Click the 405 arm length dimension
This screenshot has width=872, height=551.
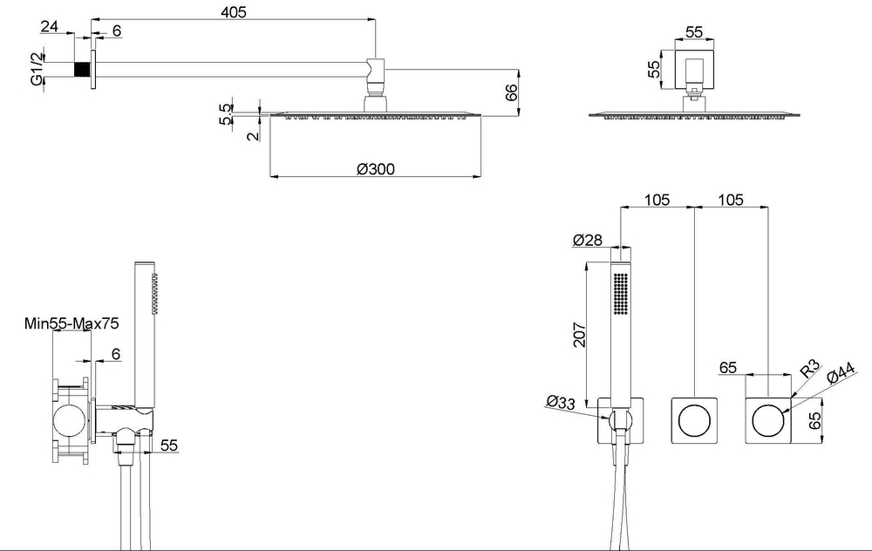tap(234, 11)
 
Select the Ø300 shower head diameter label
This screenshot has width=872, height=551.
tap(375, 168)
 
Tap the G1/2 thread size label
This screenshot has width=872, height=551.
tap(37, 69)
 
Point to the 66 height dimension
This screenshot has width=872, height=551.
tap(511, 92)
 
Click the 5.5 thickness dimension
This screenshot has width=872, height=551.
tap(226, 114)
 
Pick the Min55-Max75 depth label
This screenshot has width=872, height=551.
tap(72, 323)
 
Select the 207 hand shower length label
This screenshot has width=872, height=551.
tap(580, 335)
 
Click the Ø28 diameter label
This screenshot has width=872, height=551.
tap(587, 240)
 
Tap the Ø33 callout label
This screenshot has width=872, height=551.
tap(561, 401)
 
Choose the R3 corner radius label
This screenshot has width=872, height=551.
tap(810, 368)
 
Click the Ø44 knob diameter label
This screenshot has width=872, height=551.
tap(841, 373)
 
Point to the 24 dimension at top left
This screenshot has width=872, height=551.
tap(50, 26)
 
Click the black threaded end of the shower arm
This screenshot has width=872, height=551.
tap(82, 69)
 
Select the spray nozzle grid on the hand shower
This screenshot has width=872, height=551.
tap(621, 294)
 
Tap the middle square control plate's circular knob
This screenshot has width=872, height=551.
tap(694, 420)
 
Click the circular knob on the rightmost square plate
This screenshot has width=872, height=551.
tap(768, 420)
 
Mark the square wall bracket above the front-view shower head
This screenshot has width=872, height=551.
tap(694, 70)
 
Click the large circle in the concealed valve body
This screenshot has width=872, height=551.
tap(70, 421)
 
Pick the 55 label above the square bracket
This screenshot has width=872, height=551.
tap(694, 32)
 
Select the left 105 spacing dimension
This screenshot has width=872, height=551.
tap(657, 200)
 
